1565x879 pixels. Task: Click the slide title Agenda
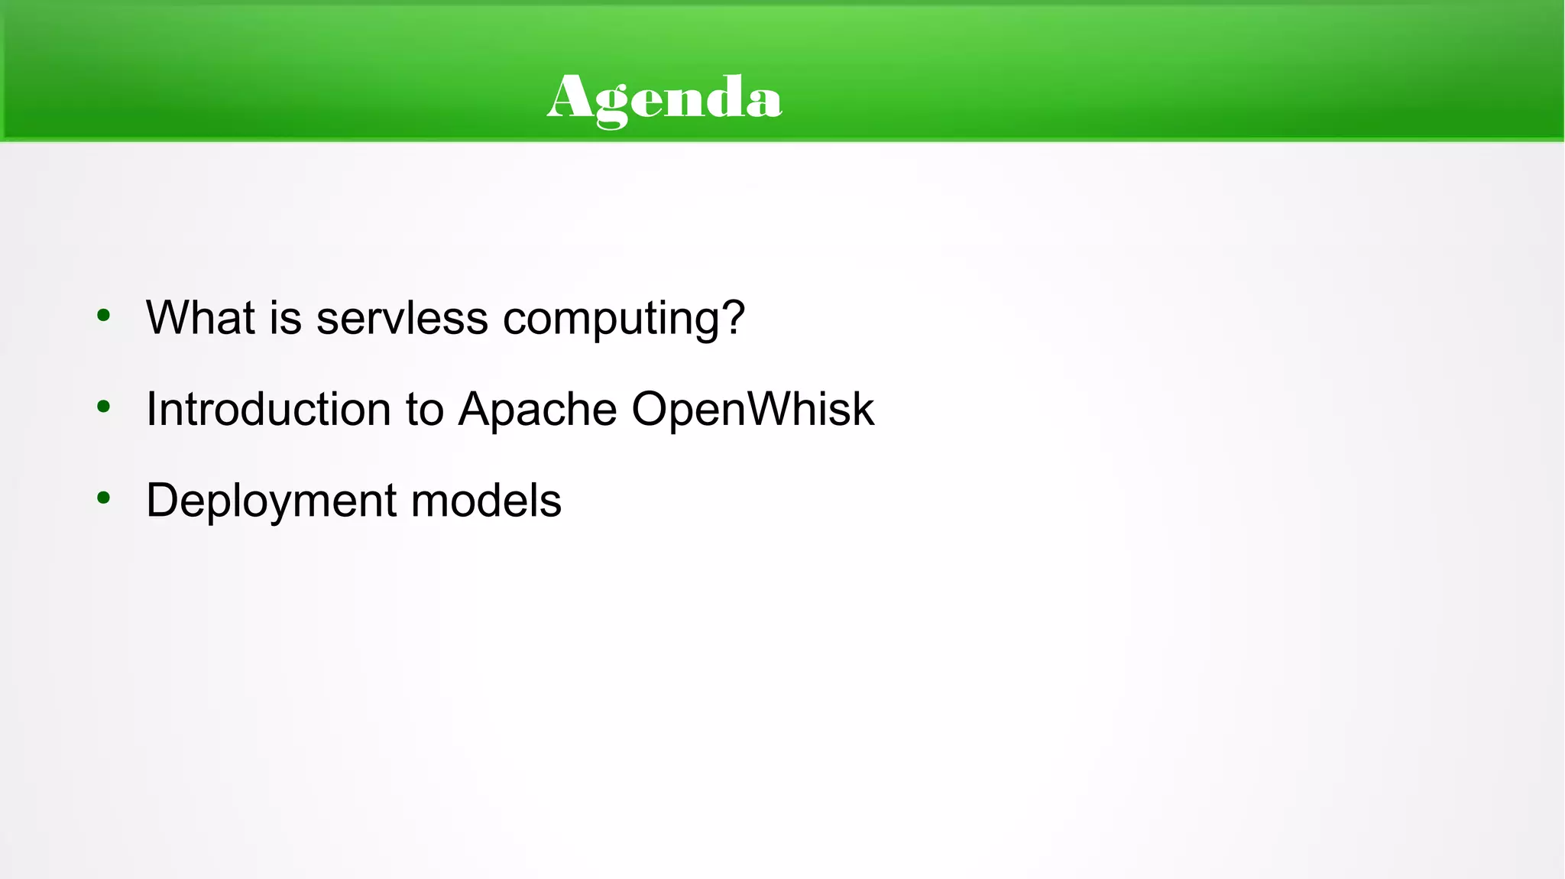click(664, 99)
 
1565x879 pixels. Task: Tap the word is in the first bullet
click(286, 317)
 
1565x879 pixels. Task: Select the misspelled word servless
click(402, 317)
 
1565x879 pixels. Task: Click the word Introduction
click(268, 409)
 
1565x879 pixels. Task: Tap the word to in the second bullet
click(425, 410)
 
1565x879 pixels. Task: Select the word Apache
click(537, 410)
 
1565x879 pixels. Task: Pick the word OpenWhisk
click(753, 409)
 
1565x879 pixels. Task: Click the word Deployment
click(271, 502)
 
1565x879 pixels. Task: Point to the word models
click(486, 501)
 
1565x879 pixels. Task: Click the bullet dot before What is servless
click(104, 315)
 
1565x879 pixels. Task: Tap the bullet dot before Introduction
click(104, 407)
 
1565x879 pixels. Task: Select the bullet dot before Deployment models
click(104, 498)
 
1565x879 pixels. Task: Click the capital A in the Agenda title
click(569, 97)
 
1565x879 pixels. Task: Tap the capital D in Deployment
click(164, 501)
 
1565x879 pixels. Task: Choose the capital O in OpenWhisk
click(652, 409)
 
